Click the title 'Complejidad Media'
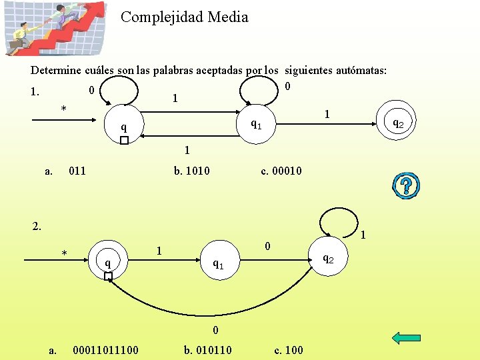(184, 17)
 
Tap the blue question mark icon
(406, 186)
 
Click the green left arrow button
(406, 338)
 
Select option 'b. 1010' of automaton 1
(191, 171)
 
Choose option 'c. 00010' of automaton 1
(281, 171)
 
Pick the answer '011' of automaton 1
(77, 171)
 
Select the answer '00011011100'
(105, 349)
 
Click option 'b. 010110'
(207, 349)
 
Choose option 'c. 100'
(289, 349)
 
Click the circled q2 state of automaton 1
(396, 123)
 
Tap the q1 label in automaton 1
(255, 123)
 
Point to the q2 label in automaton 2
(329, 258)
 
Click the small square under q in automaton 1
(123, 141)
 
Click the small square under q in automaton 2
(108, 275)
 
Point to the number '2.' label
(37, 226)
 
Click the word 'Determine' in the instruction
(55, 70)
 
